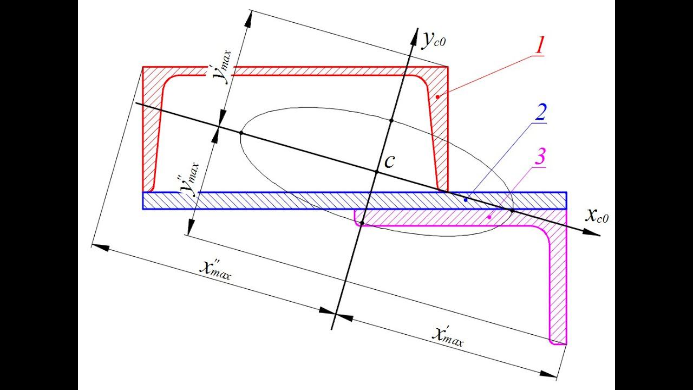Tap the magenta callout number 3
pyautogui.click(x=539, y=158)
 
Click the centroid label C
pyautogui.click(x=390, y=161)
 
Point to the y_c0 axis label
pyautogui.click(x=435, y=39)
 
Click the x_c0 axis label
pyautogui.click(x=597, y=216)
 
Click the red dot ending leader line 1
pyautogui.click(x=437, y=96)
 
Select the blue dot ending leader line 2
pyautogui.click(x=466, y=200)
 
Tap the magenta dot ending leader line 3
pyautogui.click(x=489, y=217)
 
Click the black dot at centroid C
pyautogui.click(x=376, y=172)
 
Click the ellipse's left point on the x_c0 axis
pyautogui.click(x=241, y=132)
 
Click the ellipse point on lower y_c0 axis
pyautogui.click(x=362, y=223)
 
